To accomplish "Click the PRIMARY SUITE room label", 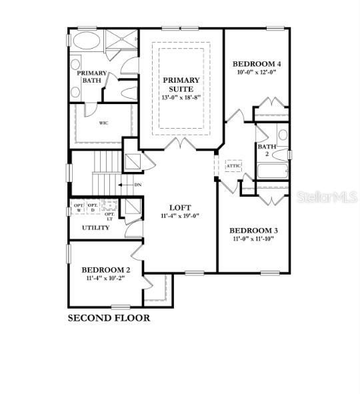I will (181, 84).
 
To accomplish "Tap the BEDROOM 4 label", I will (257, 64).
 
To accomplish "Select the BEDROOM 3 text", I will (255, 230).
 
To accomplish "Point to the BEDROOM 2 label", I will (106, 270).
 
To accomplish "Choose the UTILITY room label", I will (95, 228).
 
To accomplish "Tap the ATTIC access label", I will (234, 165).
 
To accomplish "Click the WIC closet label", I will (103, 123).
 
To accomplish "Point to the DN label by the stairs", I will (138, 185).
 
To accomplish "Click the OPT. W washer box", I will (79, 207).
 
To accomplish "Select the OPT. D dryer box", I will (93, 207).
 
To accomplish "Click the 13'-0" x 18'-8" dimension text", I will (181, 97).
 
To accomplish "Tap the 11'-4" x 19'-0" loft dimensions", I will (180, 216).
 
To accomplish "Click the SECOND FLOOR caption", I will (109, 318).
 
